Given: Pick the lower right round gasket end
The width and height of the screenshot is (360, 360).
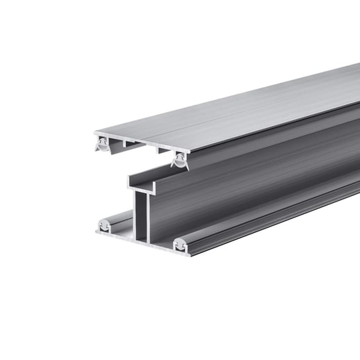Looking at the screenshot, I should pyautogui.click(x=179, y=243).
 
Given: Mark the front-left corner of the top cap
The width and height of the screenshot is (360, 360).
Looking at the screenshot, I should pyautogui.click(x=93, y=132).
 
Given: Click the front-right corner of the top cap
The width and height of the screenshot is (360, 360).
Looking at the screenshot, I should pyautogui.click(x=185, y=150).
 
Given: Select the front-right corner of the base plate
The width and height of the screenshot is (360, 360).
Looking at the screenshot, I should pyautogui.click(x=186, y=249).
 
